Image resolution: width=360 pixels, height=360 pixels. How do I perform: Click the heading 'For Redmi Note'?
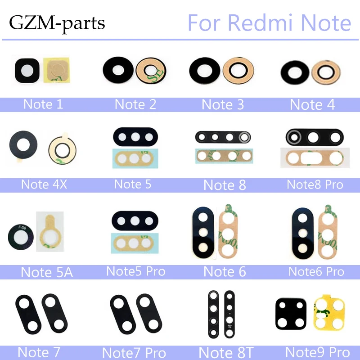tap(269, 22)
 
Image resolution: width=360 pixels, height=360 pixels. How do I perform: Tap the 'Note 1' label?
tap(43, 104)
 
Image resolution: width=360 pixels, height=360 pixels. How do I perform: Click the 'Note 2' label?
tap(135, 104)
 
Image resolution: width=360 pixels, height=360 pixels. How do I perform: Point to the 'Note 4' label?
tap(312, 104)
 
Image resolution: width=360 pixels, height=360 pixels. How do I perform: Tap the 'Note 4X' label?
tap(44, 184)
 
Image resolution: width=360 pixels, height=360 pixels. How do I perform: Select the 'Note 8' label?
tap(225, 185)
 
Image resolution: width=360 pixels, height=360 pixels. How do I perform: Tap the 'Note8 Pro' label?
tap(315, 184)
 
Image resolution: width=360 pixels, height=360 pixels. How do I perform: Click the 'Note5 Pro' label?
tap(135, 271)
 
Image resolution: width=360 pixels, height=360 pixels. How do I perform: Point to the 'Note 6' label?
tap(225, 272)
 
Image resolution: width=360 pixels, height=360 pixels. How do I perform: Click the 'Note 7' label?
tap(39, 351)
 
